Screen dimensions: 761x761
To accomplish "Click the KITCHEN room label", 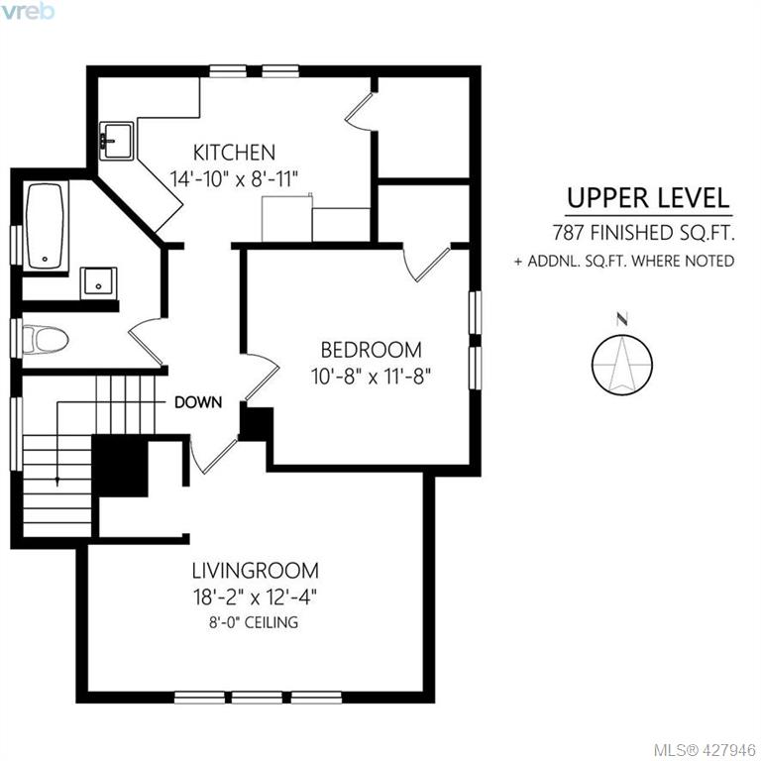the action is (x=234, y=153).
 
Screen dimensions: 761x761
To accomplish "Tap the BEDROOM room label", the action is (x=372, y=350).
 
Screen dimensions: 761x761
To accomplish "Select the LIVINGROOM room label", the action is (x=256, y=571).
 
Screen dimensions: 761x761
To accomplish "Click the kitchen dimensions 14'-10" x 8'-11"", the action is (x=234, y=179).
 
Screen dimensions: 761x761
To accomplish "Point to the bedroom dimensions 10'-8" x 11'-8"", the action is (x=372, y=376).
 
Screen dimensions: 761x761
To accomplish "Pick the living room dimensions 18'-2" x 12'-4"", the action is (x=256, y=597).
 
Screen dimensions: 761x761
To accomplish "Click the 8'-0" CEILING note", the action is (x=254, y=622).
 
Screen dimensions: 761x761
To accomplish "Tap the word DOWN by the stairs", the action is (x=198, y=402).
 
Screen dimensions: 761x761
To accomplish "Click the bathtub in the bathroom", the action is (x=45, y=226).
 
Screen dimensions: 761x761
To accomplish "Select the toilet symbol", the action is (x=46, y=339).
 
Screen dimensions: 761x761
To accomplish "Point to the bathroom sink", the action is (x=98, y=282).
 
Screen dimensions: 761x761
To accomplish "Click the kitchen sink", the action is (x=116, y=141).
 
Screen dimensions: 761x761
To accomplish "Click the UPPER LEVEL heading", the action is (x=648, y=198).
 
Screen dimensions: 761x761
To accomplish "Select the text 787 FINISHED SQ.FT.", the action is (x=643, y=234).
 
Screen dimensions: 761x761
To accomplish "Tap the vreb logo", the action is (x=27, y=11).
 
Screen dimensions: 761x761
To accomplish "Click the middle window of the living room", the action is (x=258, y=698).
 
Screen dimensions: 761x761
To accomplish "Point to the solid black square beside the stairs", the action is (x=119, y=466).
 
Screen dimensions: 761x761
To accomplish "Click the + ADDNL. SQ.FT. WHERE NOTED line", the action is (x=624, y=262).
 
